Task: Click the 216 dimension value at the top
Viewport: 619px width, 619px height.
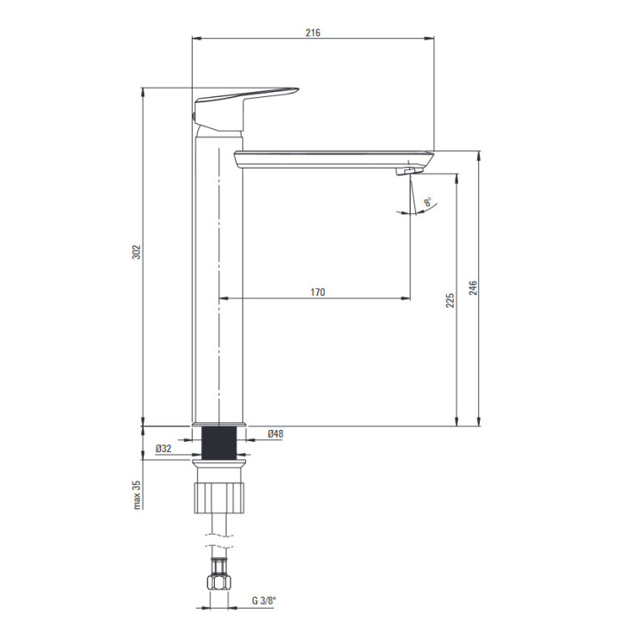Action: coord(313,33)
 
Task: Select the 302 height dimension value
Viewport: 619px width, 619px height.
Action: coord(136,252)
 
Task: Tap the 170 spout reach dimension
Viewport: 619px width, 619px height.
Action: coord(318,292)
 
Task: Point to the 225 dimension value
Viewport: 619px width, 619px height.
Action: coord(450,300)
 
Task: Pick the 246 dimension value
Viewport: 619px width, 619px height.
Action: coord(473,288)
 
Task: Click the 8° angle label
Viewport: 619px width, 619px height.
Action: coord(428,202)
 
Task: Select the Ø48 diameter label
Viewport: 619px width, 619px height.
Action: coord(276,434)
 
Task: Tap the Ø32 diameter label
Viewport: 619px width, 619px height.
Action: coord(163,449)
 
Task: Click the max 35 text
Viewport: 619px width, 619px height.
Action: coord(137,495)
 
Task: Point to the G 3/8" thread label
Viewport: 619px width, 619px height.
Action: coord(264,601)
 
